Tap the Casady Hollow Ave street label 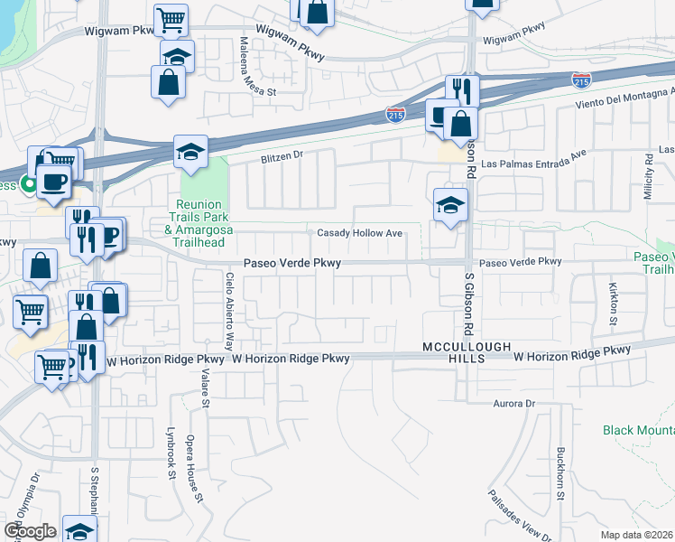coord(359,233)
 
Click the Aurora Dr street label coord(514,403)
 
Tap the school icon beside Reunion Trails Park coord(190,152)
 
